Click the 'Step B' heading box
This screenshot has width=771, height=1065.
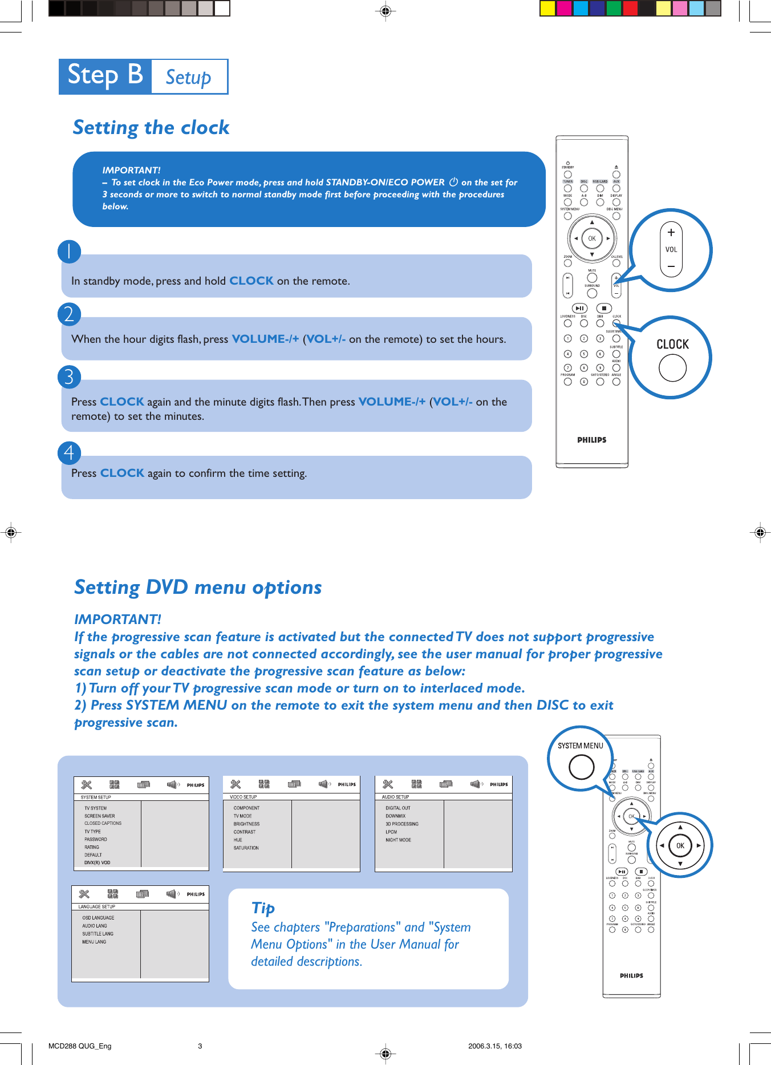(105, 76)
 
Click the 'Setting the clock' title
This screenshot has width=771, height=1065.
(151, 127)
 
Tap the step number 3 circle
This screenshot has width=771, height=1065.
(69, 377)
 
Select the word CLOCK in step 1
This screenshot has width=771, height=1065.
(251, 281)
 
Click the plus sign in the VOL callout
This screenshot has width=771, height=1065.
(671, 232)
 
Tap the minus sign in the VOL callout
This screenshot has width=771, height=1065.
(671, 266)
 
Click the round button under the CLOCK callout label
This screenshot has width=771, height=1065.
(672, 368)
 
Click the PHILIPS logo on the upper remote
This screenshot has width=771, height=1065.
(591, 440)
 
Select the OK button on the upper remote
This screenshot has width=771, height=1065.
(592, 238)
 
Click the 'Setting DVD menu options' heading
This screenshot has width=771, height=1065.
(198, 587)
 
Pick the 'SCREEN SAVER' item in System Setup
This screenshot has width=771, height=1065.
(100, 816)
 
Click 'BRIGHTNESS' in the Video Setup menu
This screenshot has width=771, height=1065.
(246, 824)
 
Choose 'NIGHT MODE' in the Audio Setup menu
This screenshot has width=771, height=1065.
(398, 840)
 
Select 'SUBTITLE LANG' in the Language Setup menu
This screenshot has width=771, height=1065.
(98, 934)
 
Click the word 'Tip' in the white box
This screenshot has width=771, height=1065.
(263, 908)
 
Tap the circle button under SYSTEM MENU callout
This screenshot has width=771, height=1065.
(582, 767)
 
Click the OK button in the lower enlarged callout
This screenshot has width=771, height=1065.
(680, 845)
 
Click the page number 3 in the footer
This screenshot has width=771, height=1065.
(200, 1046)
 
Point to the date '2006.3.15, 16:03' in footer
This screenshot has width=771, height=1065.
(495, 1046)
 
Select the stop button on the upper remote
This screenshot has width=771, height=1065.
(604, 308)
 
